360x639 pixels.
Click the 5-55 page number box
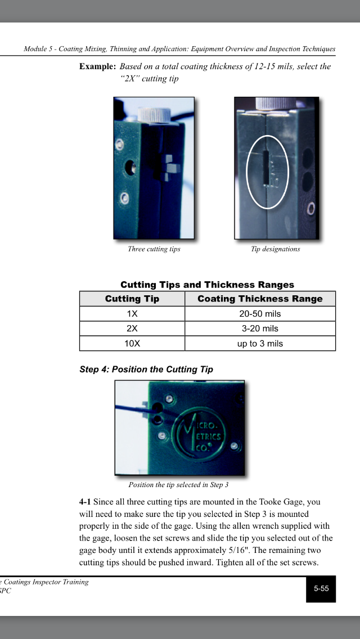coord(321,588)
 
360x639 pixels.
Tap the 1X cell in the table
coord(132,314)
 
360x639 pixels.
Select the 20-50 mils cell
coord(260,314)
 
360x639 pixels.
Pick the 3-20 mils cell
coord(260,328)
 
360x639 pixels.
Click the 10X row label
coord(132,344)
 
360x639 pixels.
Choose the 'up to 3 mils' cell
coord(260,344)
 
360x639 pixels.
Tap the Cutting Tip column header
coord(132,299)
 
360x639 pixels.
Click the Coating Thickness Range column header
coord(260,299)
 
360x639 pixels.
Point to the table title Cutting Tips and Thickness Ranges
coord(207,285)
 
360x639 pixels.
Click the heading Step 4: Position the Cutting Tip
coord(146,370)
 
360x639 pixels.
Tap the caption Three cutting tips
coord(154,249)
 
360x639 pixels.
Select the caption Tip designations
coord(276,249)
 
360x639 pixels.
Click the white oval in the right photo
coord(268,172)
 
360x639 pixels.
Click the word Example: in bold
coord(97,66)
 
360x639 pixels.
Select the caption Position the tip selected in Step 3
coord(178,484)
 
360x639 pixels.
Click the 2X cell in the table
coord(132,328)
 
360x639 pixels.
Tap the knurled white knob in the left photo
coord(150,114)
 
